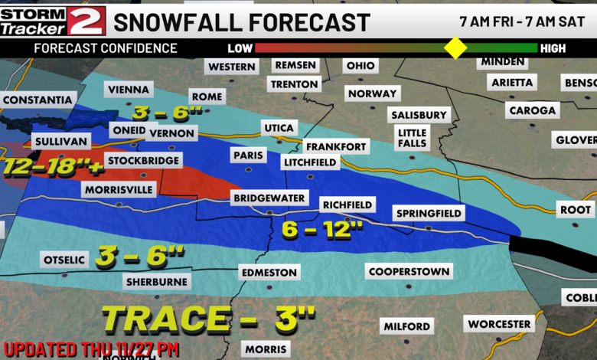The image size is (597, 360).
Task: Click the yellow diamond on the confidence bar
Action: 455,47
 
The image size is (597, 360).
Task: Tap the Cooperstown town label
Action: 409,271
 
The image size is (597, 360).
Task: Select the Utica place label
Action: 279,127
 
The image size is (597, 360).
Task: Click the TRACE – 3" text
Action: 208,316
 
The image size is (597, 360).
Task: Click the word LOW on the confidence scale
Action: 240,48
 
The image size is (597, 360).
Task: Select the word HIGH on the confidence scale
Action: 553,48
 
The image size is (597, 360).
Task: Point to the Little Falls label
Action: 412,139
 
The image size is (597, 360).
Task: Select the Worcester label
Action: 500,324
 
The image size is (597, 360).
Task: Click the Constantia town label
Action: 38,100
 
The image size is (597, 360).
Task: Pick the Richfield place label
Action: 347,205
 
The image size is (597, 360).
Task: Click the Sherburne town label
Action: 156,282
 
